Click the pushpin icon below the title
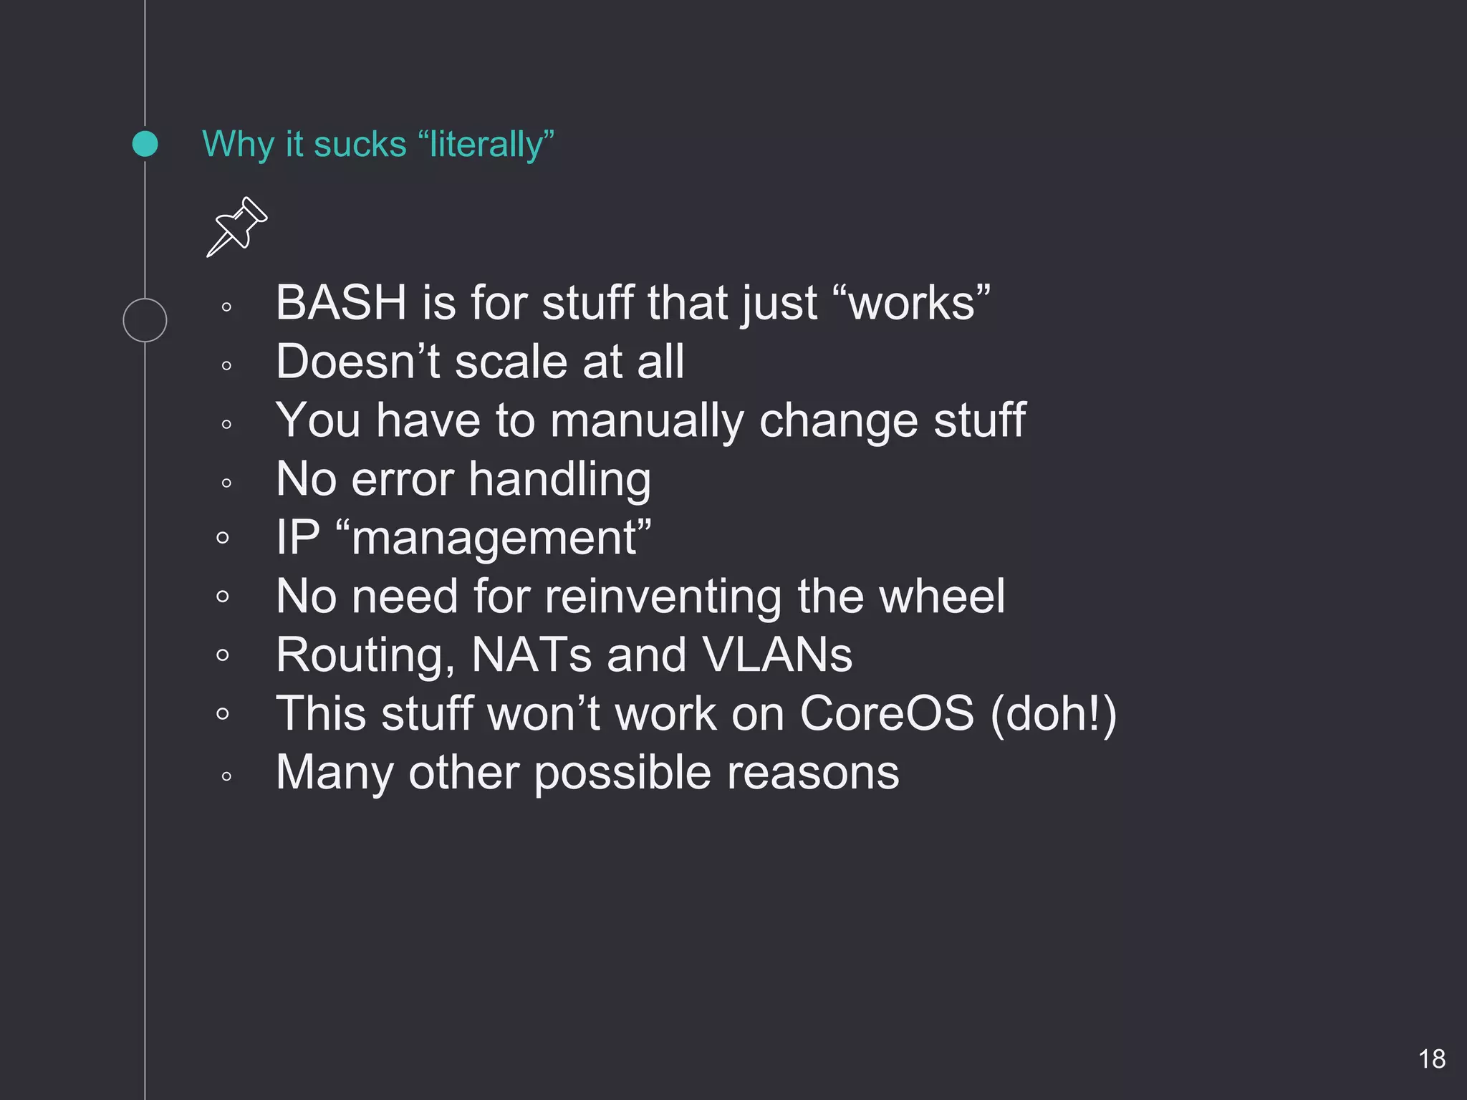(x=237, y=226)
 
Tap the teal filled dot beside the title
(x=145, y=144)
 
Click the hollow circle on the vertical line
(x=145, y=320)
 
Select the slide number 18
(x=1431, y=1059)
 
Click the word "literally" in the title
(x=486, y=144)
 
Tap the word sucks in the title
(x=360, y=144)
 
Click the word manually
(x=648, y=420)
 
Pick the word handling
(x=559, y=479)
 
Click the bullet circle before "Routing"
(x=223, y=655)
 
